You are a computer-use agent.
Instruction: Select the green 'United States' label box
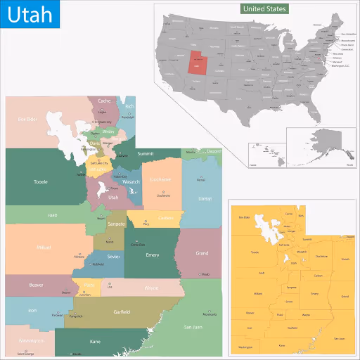(264, 9)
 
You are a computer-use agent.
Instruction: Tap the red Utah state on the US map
(198, 63)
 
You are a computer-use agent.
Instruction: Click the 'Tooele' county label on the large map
(41, 182)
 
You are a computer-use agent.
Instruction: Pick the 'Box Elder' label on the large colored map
(27, 120)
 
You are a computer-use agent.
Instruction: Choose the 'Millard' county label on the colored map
(43, 247)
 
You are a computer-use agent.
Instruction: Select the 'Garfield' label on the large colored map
(122, 311)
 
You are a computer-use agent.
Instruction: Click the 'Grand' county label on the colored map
(202, 253)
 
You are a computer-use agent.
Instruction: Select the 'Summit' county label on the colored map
(146, 153)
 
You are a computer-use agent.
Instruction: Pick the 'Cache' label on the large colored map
(104, 101)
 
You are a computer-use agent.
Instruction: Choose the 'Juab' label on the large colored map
(52, 214)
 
